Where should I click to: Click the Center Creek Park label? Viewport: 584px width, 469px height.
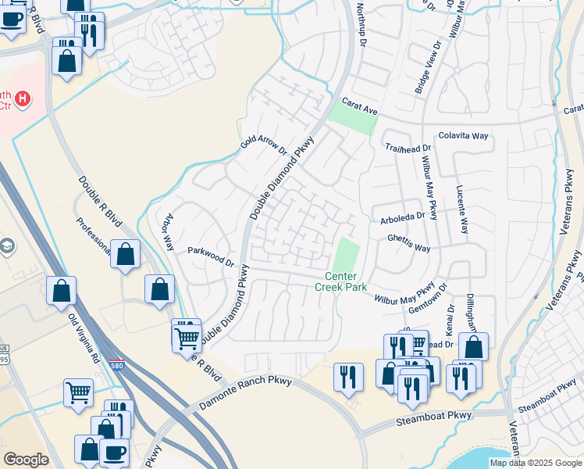[340, 281]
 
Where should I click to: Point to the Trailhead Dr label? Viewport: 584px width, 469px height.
[408, 148]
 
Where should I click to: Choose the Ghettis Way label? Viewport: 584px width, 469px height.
[409, 249]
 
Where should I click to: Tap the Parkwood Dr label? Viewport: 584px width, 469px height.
[211, 256]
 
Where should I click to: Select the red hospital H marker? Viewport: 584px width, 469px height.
[23, 99]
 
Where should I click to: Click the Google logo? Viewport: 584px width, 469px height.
[25, 460]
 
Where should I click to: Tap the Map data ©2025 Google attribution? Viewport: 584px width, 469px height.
[534, 463]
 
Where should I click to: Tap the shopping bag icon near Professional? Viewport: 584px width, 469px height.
[126, 254]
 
